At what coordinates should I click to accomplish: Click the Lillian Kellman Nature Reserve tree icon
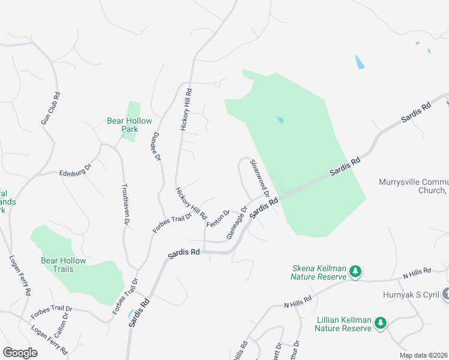pos(380,324)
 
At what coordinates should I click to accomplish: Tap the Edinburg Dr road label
pos(74,170)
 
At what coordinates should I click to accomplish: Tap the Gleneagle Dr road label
pos(237,223)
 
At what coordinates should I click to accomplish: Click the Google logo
pos(20,353)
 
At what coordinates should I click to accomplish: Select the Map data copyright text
pos(423,355)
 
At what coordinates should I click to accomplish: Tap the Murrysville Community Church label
pos(414,187)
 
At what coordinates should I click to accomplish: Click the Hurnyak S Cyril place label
pos(411,295)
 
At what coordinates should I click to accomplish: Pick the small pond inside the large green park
pos(280,120)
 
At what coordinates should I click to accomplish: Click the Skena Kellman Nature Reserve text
pos(319,272)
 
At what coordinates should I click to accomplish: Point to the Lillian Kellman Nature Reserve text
pos(344,324)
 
